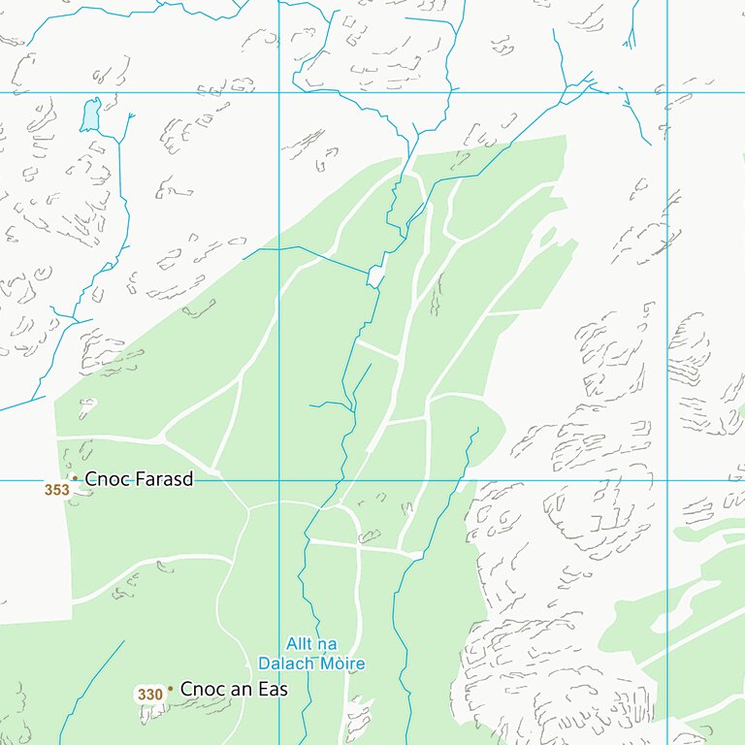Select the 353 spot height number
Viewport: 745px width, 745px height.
pos(56,490)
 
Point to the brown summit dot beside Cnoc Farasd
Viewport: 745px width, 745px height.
pos(75,478)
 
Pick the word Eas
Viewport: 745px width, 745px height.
pos(274,690)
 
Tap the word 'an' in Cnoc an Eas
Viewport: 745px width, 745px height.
pos(242,690)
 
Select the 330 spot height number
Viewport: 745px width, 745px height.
pos(149,695)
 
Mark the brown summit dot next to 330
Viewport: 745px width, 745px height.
pos(170,689)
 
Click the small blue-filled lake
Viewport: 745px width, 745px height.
pos(90,115)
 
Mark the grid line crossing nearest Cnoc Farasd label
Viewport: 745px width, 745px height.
pos(279,480)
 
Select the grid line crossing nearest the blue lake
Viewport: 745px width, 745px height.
pos(279,93)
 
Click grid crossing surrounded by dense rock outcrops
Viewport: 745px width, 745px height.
pos(667,480)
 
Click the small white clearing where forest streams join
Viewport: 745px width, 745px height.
pos(375,276)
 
